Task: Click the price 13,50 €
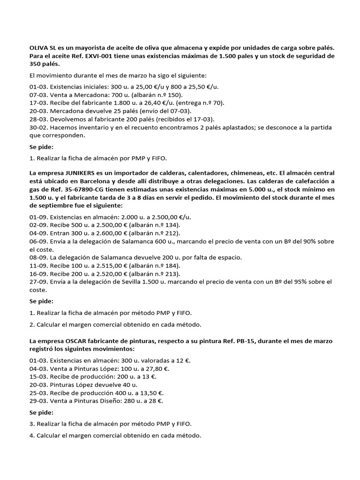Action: [x=150, y=393]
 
